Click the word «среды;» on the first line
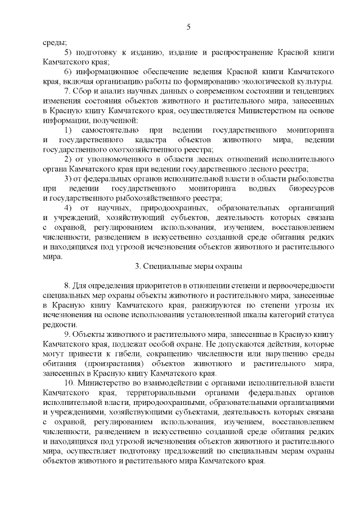pyautogui.click(x=54, y=42)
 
